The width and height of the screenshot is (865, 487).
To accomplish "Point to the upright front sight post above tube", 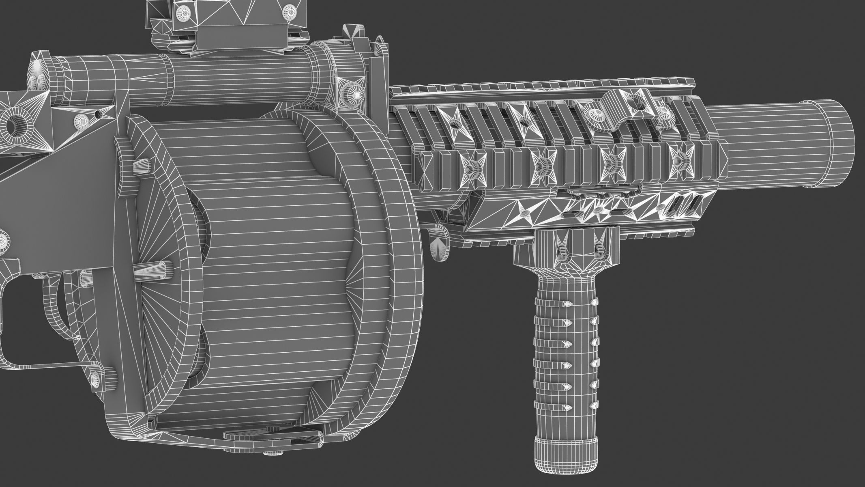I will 379,69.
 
